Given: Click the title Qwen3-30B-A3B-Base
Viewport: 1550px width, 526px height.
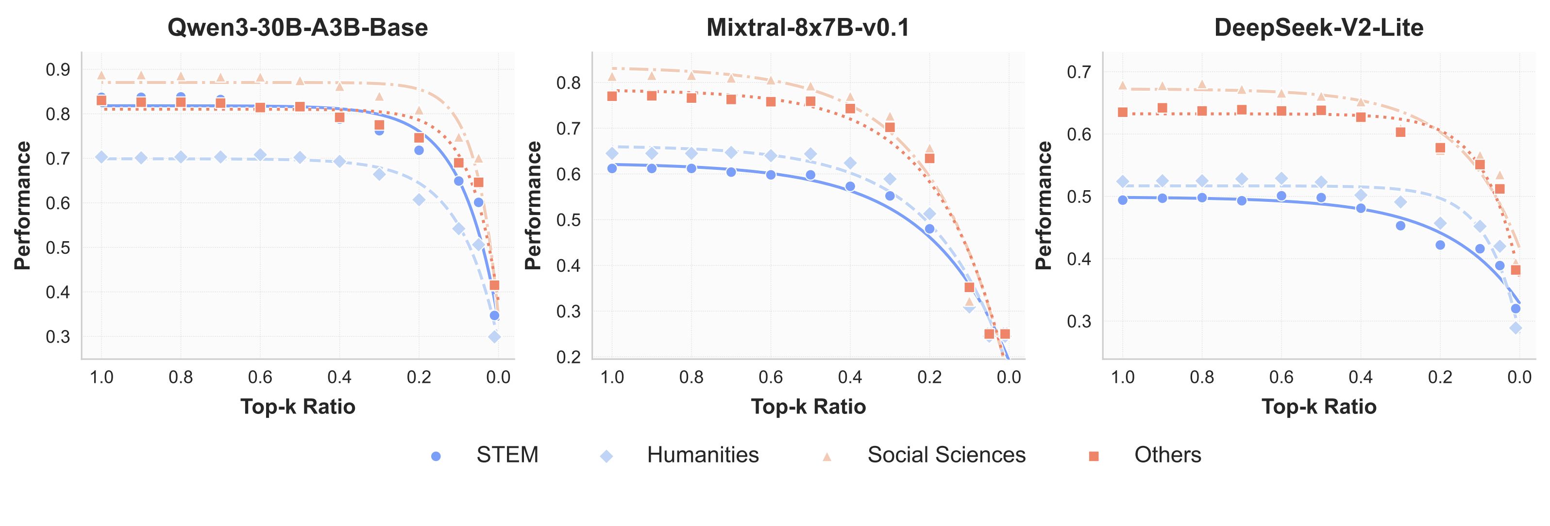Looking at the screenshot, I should point(297,28).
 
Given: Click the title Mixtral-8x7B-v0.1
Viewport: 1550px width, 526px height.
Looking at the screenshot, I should point(808,28).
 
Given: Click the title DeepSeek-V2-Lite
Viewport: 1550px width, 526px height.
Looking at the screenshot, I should point(1318,28).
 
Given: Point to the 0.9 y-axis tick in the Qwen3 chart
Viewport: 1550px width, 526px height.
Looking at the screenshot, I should point(58,70).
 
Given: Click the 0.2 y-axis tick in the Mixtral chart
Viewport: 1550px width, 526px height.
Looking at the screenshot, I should point(569,357).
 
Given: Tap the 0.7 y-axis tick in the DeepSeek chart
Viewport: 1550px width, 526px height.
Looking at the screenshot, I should point(1079,72).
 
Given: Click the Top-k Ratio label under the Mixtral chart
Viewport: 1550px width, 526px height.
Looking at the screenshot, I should point(808,407).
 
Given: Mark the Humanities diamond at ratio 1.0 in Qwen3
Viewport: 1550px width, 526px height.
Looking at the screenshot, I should point(101,157).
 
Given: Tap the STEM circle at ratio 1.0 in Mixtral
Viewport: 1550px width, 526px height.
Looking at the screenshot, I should point(612,168).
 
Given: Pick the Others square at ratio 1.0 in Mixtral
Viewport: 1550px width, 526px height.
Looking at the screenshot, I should point(612,96).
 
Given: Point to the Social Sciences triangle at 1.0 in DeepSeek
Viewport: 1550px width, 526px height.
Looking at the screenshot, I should point(1122,85).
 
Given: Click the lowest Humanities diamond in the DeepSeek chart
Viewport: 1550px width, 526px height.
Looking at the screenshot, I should point(1516,328).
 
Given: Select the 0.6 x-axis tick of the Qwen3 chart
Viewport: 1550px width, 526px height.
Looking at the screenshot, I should point(260,378).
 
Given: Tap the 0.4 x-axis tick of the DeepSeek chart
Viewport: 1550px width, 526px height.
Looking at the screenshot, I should point(1361,378).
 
